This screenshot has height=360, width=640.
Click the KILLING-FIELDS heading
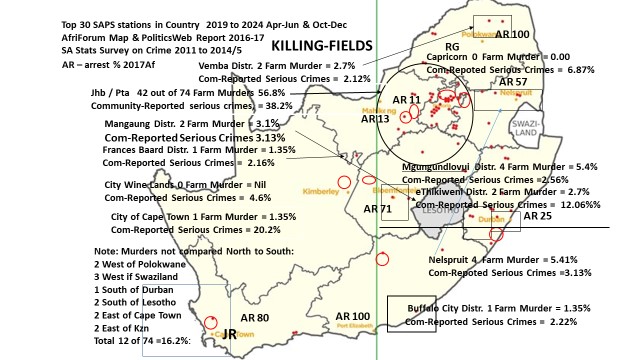322,45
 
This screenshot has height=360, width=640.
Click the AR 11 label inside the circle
407,100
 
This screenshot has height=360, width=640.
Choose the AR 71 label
378,208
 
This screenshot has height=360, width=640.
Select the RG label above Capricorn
452,46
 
